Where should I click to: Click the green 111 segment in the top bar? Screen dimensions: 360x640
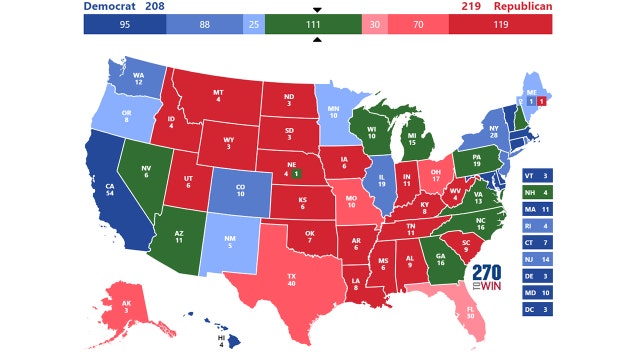click(x=317, y=25)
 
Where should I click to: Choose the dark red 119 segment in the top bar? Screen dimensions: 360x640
click(x=501, y=25)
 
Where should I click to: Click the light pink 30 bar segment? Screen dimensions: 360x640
click(x=374, y=25)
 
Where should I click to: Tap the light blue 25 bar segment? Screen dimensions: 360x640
click(x=253, y=25)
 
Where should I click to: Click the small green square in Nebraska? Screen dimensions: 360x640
click(x=296, y=171)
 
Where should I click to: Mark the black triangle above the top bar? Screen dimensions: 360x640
click(x=317, y=11)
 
